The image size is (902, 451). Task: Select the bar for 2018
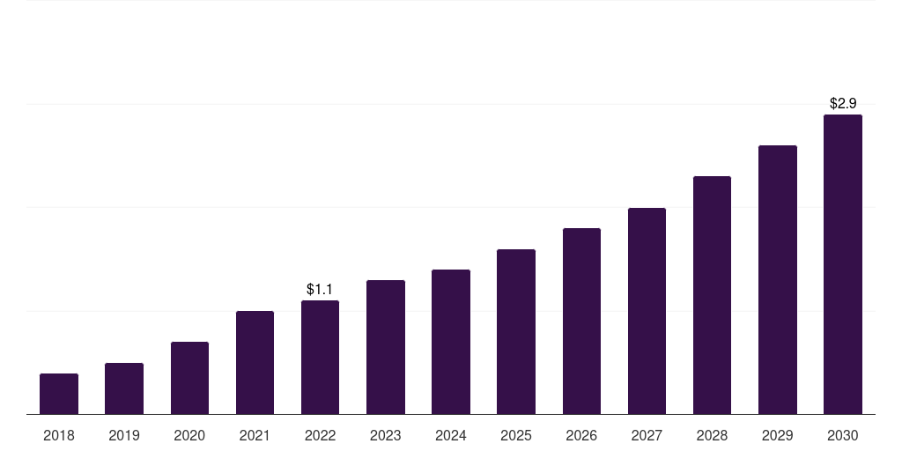[x=59, y=394]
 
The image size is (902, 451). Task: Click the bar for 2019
[x=124, y=388]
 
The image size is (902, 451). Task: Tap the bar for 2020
[x=190, y=378]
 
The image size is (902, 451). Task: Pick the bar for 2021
[x=255, y=363]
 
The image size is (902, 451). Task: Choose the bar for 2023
[x=386, y=347]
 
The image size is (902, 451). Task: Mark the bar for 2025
[x=516, y=332]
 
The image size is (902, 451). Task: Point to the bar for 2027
[x=647, y=311]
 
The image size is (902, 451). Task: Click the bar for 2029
[x=778, y=280]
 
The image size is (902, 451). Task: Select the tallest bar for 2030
[x=843, y=264]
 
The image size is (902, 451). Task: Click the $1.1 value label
[x=320, y=289]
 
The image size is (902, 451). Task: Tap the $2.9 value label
[x=843, y=104]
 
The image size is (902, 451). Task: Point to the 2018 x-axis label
[x=59, y=435]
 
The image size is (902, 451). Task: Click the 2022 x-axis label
[x=320, y=435]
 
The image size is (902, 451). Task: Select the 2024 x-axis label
[x=451, y=435]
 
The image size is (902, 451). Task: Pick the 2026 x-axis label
[x=581, y=435]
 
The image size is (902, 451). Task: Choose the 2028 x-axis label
[x=712, y=435]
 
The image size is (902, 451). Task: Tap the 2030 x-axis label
[x=843, y=435]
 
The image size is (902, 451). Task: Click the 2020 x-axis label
[x=190, y=435]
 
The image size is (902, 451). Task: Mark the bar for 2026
[x=581, y=322]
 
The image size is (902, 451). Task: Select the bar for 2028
[x=712, y=296]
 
